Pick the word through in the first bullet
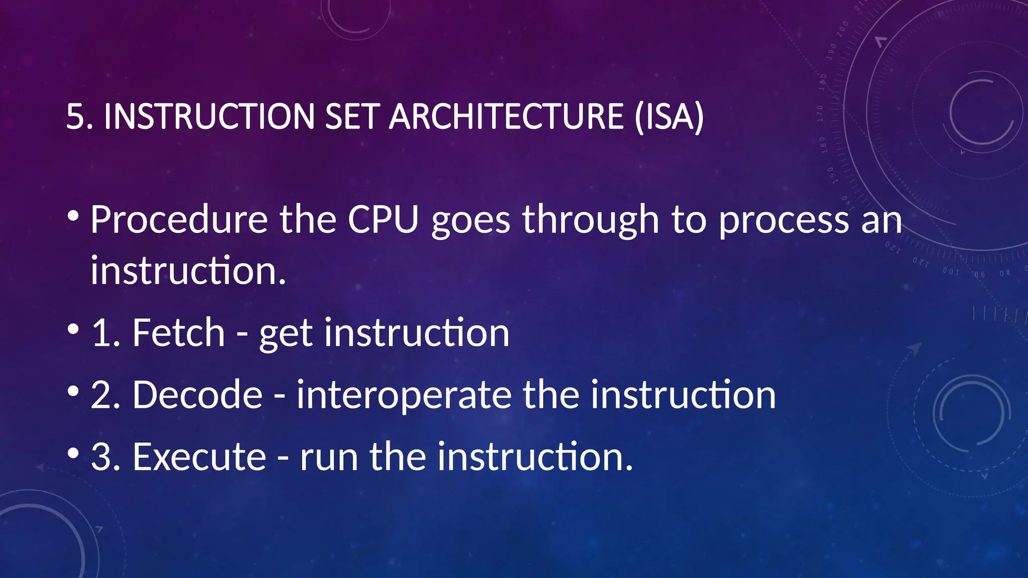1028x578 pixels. pyautogui.click(x=590, y=221)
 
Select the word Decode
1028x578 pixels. pyautogui.click(x=197, y=395)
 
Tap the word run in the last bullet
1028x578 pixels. pyautogui.click(x=329, y=458)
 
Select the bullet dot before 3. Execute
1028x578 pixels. pyautogui.click(x=73, y=453)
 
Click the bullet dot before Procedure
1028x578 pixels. pyautogui.click(x=73, y=216)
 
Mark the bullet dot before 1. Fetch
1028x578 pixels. pyautogui.click(x=73, y=329)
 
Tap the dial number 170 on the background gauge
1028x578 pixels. pyautogui.click(x=820, y=114)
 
